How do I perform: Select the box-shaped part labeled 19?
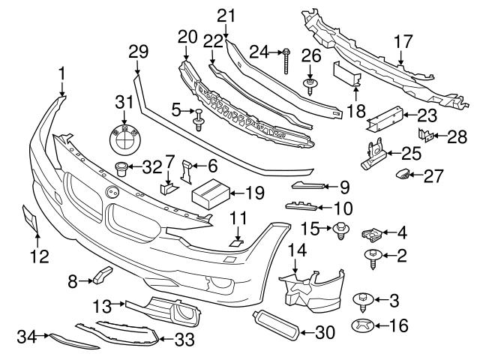[211, 194]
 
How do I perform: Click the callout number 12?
[39, 256]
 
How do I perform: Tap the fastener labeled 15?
[340, 229]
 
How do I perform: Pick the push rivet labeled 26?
[309, 82]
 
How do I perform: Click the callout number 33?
[184, 340]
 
